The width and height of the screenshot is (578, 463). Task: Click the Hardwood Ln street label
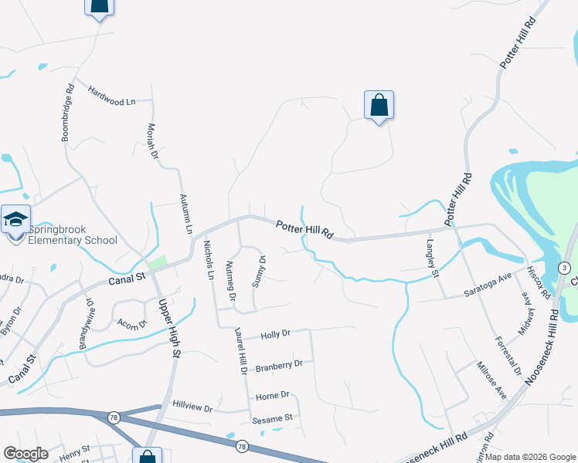111,101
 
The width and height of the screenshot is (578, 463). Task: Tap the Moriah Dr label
152,142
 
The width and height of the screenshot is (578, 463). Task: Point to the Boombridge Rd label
68,113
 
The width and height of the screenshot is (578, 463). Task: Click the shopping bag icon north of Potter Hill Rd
379,105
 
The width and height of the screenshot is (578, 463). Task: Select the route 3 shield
566,267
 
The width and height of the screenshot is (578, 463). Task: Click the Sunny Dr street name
260,272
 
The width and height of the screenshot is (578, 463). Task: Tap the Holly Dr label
275,334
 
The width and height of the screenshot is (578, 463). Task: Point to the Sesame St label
271,418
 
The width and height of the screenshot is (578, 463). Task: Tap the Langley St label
433,258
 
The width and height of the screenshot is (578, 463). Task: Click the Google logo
25,454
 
